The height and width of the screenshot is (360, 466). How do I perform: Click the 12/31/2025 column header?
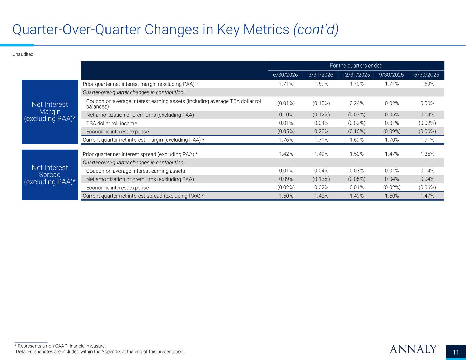(356, 75)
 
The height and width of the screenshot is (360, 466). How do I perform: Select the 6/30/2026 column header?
(285, 75)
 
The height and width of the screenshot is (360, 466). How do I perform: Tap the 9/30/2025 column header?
(391, 75)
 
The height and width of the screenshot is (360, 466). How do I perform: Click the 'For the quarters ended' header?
(356, 66)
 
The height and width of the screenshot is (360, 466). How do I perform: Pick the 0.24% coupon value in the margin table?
(356, 103)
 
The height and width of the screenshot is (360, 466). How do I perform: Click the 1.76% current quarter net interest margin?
(286, 140)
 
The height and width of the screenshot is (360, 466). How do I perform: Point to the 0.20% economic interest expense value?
(321, 131)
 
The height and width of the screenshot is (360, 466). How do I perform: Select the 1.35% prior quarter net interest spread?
(427, 154)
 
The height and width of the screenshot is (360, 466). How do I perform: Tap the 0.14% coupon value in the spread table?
(427, 171)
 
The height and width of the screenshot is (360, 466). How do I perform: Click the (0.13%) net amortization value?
(321, 179)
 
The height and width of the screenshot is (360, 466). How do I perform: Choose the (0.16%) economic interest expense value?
(356, 131)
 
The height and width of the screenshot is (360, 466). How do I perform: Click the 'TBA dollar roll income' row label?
(112, 123)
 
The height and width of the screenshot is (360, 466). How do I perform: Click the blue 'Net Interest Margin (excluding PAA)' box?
(50, 112)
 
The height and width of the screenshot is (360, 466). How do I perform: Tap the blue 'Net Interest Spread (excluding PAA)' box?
(50, 175)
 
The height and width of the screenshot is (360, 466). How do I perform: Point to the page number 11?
(456, 352)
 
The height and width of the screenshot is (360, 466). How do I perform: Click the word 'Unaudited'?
(23, 54)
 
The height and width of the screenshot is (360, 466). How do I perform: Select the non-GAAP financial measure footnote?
(60, 346)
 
